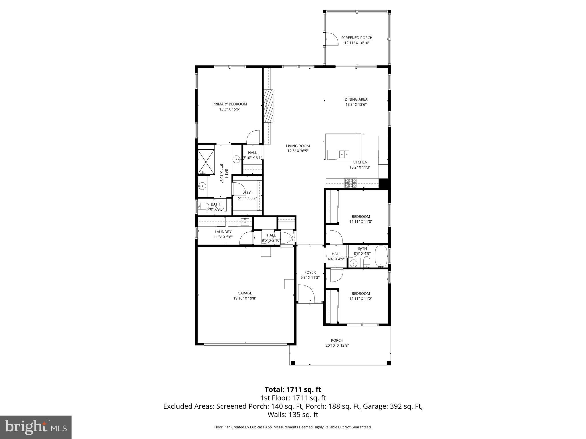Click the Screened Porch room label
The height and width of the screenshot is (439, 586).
(357, 38)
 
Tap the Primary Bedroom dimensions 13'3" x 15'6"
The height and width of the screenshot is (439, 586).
(229, 109)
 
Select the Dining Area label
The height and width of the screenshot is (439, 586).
(356, 99)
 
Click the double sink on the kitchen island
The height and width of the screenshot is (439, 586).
(344, 154)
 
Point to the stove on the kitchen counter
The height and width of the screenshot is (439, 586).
(351, 183)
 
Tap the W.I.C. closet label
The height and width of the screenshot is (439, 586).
(247, 193)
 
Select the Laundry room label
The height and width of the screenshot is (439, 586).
(223, 232)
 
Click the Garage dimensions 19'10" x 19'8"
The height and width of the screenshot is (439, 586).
(245, 298)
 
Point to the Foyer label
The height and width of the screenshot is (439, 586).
(310, 272)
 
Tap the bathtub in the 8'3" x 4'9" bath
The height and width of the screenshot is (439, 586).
(381, 256)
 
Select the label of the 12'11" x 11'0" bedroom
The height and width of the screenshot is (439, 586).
(361, 217)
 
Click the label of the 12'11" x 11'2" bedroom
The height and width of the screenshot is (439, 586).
(361, 294)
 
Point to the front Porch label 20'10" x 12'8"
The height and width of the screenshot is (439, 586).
(337, 340)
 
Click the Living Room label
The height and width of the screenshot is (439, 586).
(298, 146)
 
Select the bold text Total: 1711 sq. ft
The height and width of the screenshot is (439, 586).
(293, 390)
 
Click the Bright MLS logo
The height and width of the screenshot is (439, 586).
(36, 427)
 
